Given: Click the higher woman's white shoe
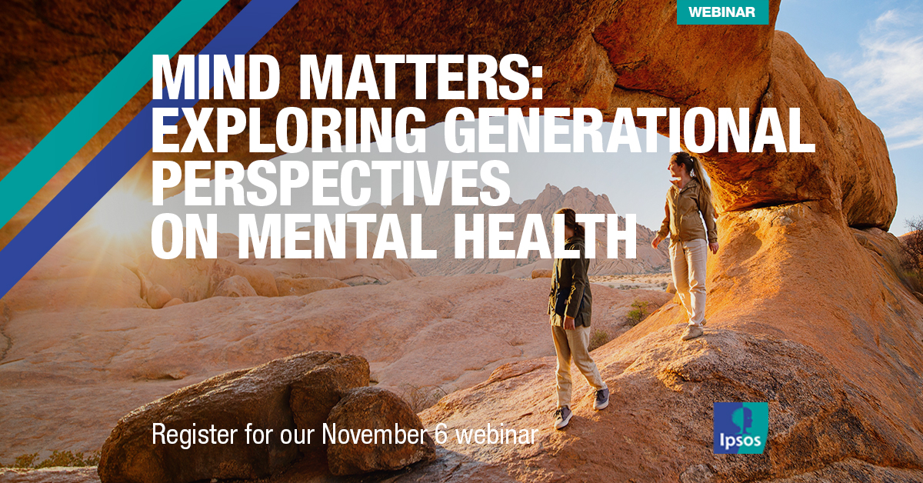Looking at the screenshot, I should pos(692,331).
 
